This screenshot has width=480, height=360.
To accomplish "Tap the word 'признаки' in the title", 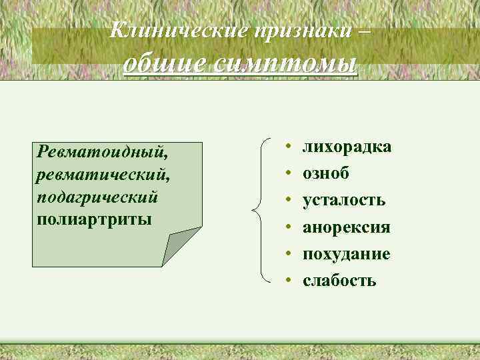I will click(x=289, y=30).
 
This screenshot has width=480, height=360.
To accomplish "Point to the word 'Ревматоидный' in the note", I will click(x=102, y=152).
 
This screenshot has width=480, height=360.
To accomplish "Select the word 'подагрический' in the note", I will click(x=99, y=197).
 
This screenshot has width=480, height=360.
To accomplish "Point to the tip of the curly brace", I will click(x=253, y=211).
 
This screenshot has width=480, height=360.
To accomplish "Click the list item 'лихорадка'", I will click(x=347, y=147).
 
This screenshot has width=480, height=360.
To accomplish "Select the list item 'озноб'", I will click(x=326, y=173).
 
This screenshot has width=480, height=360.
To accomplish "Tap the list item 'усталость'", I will click(x=344, y=200).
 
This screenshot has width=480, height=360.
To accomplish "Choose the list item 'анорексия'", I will click(x=346, y=227).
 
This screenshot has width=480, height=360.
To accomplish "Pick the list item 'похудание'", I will click(x=347, y=254).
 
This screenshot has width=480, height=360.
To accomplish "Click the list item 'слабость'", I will click(x=339, y=281).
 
